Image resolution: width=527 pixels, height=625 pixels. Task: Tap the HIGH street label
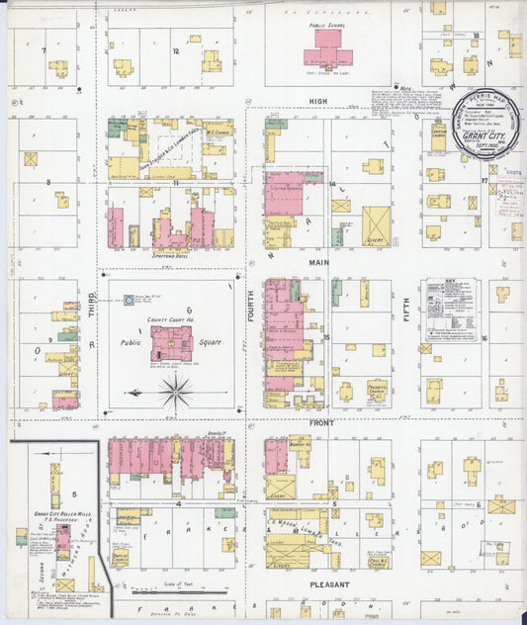click(x=317, y=102)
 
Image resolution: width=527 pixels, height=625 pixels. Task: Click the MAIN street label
click(x=318, y=262)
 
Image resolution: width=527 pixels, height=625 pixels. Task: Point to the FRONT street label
click(x=320, y=422)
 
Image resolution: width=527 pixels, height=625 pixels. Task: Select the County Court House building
click(x=172, y=343)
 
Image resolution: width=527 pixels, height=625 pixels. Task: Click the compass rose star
click(x=175, y=393)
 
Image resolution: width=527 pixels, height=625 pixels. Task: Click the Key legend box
click(x=451, y=310)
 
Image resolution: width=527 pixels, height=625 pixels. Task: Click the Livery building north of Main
click(x=376, y=225)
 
